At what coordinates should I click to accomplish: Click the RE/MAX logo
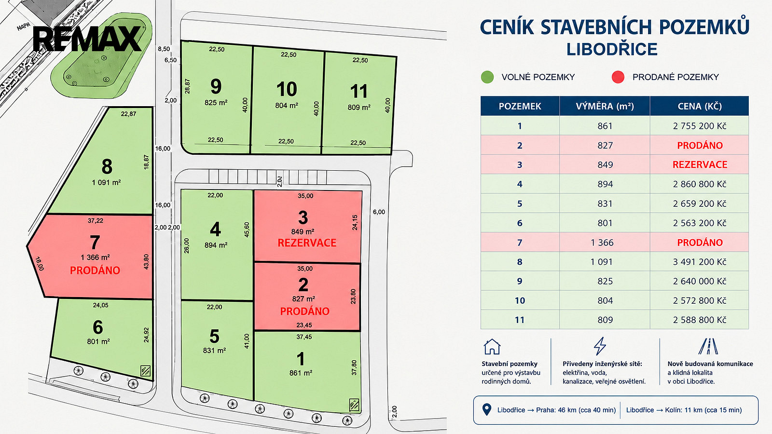point(87,39)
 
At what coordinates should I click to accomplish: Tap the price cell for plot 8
point(699,262)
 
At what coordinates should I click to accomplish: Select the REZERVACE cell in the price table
point(699,164)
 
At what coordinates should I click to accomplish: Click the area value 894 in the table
point(605,184)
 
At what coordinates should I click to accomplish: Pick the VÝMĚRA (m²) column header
point(605,106)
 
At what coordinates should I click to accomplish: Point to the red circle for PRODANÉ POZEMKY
point(618,77)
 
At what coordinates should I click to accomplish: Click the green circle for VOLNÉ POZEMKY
point(487,77)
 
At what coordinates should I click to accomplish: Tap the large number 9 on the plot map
point(216,86)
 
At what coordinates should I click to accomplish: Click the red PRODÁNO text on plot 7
point(95,271)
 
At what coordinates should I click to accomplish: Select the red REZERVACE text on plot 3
point(307,243)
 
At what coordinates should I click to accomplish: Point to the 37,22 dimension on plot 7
point(95,220)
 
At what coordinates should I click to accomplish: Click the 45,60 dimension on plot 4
point(247,230)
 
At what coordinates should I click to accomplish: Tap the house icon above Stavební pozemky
point(492,347)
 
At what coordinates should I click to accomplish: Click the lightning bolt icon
point(600,346)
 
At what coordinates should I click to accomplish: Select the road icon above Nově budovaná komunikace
point(708,346)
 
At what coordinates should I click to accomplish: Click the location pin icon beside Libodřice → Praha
point(487,409)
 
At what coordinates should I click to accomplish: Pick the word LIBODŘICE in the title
point(612,49)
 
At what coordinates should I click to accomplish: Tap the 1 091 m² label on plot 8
point(106,182)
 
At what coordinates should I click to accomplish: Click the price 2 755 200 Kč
point(700,126)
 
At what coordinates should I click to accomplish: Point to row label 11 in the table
point(520,320)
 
